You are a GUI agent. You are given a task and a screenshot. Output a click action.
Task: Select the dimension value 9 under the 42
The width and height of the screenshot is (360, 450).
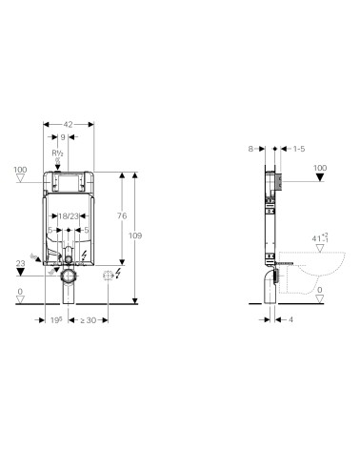pyautogui.click(x=75, y=137)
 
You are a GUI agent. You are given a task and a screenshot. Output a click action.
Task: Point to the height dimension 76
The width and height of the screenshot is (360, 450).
pyautogui.click(x=123, y=217)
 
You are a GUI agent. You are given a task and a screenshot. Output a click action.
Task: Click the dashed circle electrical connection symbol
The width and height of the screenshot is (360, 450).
pyautogui.click(x=108, y=276)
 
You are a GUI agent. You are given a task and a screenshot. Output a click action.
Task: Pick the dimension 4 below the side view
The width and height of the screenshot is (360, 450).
pyautogui.click(x=290, y=320)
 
